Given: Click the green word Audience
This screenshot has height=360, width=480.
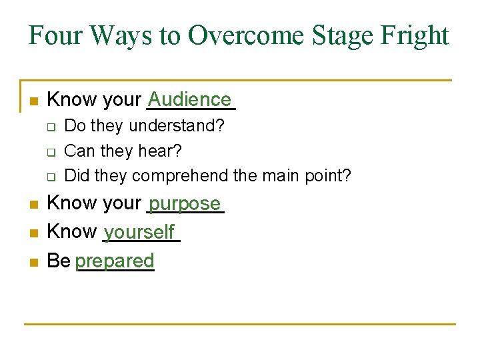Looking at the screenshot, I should tap(190, 99).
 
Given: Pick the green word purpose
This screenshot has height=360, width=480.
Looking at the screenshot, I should tap(185, 203).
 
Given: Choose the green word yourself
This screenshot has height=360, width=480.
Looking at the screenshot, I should tap(139, 232).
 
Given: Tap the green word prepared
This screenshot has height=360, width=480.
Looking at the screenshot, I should tap(115, 261).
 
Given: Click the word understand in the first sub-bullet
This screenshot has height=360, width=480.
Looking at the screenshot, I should tap(176, 125).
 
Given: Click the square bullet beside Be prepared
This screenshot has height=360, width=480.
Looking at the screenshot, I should tap(33, 263).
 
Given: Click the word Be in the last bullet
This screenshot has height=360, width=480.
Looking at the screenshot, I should tap(59, 261).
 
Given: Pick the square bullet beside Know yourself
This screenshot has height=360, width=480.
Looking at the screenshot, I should tap(33, 234).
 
